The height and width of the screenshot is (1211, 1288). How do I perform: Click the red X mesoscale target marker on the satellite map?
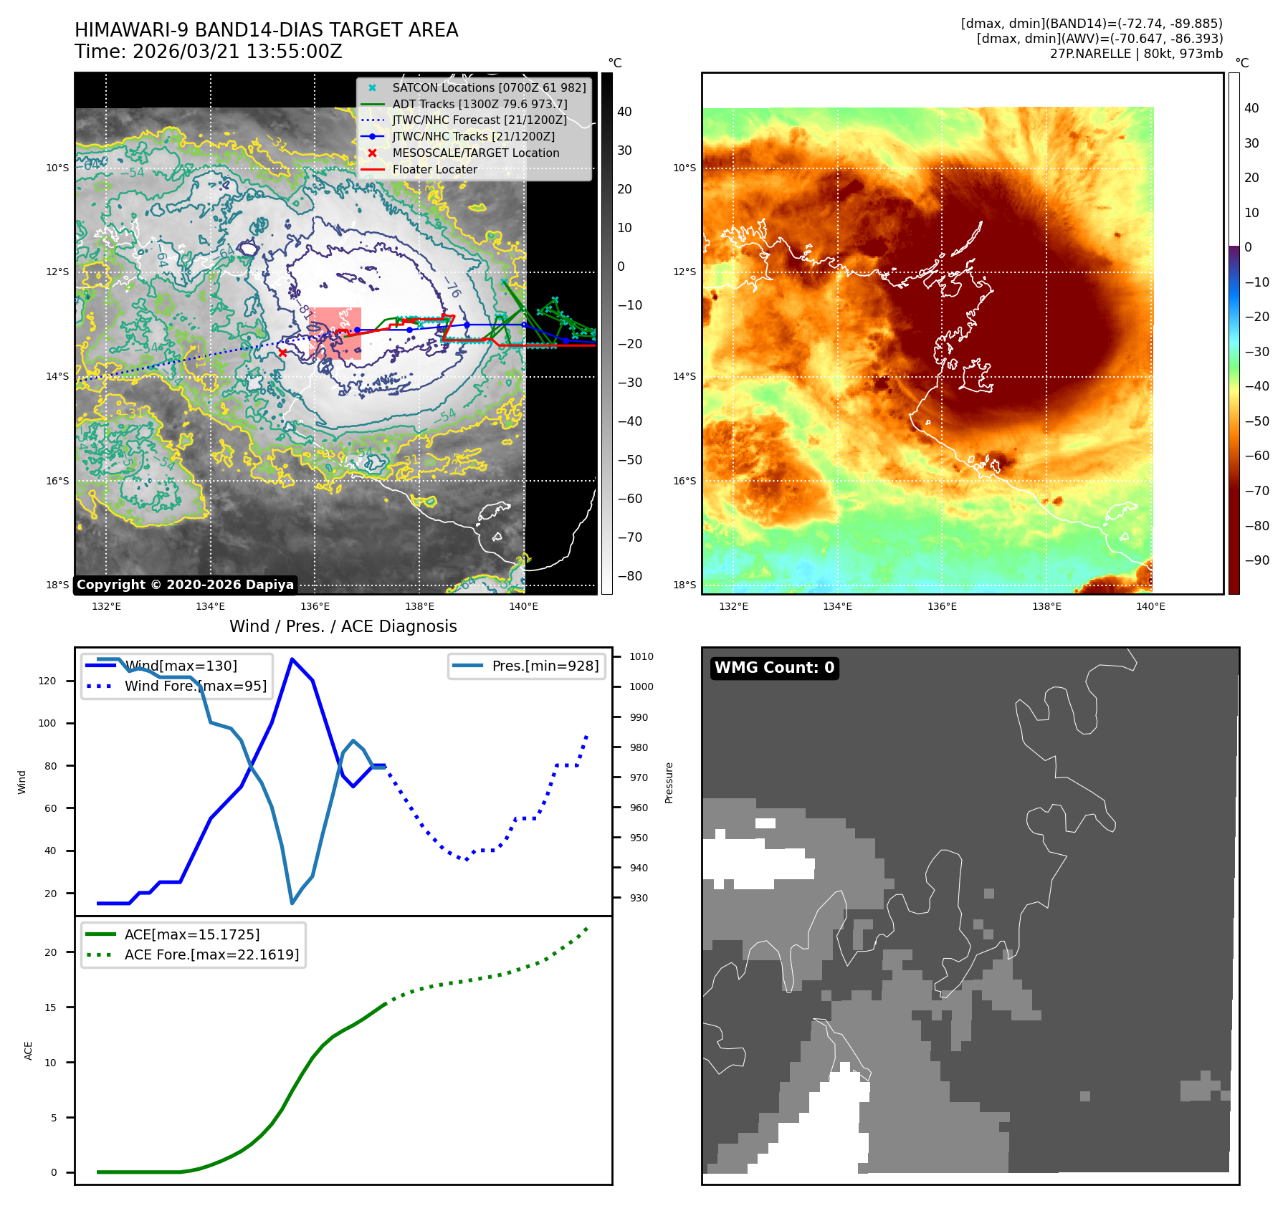pos(282,353)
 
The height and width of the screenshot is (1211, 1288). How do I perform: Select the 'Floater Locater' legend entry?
pos(434,170)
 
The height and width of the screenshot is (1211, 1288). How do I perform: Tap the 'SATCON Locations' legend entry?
pos(489,87)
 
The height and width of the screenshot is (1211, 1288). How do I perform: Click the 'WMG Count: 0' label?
pos(774,668)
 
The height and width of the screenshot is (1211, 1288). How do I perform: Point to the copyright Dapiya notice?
pos(185,585)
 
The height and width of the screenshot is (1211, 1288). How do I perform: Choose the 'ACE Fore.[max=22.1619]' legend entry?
pos(211,954)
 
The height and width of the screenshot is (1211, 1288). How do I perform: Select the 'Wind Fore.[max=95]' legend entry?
pos(195,686)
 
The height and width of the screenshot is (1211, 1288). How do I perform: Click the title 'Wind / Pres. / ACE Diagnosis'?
pos(343,626)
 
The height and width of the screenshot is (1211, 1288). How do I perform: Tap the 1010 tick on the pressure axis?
pos(641,656)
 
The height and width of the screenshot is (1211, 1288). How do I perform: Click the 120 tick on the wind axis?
pos(47,681)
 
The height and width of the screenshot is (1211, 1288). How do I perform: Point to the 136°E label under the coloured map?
pos(942,606)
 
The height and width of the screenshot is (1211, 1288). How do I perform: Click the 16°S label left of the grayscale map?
pos(57,481)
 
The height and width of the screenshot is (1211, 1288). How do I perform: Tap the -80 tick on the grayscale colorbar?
pos(629,576)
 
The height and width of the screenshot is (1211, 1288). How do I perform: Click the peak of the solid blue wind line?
pos(292,659)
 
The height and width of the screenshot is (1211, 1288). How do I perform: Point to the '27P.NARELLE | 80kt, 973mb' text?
pos(1136,54)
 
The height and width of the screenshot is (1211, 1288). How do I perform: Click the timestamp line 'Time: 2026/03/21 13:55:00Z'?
pos(208,52)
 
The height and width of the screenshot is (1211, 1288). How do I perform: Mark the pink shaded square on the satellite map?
pos(335,333)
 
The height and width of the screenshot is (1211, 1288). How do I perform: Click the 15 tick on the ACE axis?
pos(50,1007)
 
